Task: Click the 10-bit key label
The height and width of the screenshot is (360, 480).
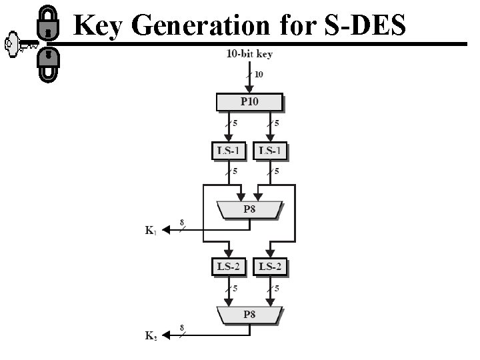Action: click(x=250, y=53)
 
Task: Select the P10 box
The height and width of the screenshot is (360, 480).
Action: click(x=250, y=102)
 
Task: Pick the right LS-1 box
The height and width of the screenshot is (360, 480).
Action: click(x=271, y=151)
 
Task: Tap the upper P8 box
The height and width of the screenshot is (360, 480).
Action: click(x=250, y=210)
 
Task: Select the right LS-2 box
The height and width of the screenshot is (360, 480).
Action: click(x=271, y=267)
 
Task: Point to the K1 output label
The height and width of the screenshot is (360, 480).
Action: click(x=151, y=231)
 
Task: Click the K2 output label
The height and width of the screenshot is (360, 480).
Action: click(x=151, y=336)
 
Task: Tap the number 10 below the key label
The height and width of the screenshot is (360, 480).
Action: click(x=258, y=75)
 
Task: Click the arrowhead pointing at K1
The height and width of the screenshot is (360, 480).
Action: click(x=167, y=230)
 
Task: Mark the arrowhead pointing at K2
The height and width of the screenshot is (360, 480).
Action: click(x=167, y=335)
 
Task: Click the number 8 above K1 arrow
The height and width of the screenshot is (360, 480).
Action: click(x=182, y=222)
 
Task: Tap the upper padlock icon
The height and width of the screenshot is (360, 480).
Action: click(x=47, y=25)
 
